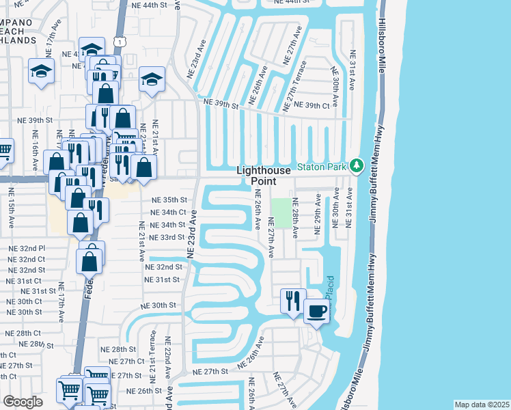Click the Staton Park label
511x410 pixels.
click(x=322, y=166)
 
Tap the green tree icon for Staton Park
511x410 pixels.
click(x=355, y=165)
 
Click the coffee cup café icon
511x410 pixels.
click(x=316, y=312)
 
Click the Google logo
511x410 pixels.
click(x=23, y=402)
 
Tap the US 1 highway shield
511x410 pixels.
click(x=121, y=42)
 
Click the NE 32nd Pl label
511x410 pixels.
click(x=27, y=249)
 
